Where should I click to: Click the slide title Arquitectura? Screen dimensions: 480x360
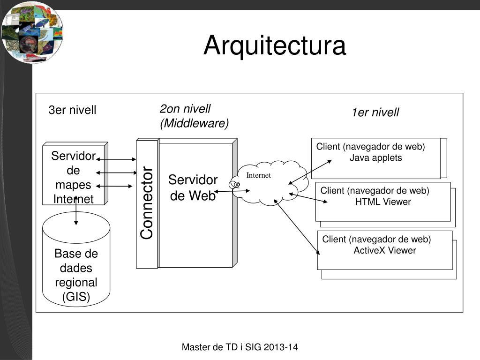[x=275, y=45]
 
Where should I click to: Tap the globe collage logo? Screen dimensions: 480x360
[x=32, y=32]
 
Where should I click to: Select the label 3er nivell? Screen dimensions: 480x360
[x=72, y=110]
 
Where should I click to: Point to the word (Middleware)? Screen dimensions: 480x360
[x=195, y=123]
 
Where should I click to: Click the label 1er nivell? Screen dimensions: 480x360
[x=375, y=112]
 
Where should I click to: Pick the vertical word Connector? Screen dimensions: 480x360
[x=147, y=202]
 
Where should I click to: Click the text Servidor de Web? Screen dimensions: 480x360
[x=193, y=187]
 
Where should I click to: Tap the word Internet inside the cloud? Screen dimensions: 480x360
[x=259, y=175]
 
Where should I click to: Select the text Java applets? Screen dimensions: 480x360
[x=375, y=158]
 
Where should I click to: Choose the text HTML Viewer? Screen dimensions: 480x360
[x=383, y=202]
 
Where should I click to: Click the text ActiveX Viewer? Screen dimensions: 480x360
[x=385, y=250]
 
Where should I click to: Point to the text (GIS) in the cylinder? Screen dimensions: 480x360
[x=76, y=297]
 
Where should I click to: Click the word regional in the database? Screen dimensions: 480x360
[x=76, y=282]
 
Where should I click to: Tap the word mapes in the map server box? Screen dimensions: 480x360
[x=73, y=185]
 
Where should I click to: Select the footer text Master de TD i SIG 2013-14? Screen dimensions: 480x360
[x=240, y=347]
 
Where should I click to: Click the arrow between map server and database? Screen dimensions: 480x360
[x=76, y=211]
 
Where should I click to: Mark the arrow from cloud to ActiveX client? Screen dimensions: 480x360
[x=297, y=227]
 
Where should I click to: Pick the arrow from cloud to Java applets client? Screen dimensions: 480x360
[x=310, y=172]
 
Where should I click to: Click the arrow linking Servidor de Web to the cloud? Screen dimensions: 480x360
[x=232, y=191]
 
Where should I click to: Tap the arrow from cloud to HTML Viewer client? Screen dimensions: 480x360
[x=308, y=198]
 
